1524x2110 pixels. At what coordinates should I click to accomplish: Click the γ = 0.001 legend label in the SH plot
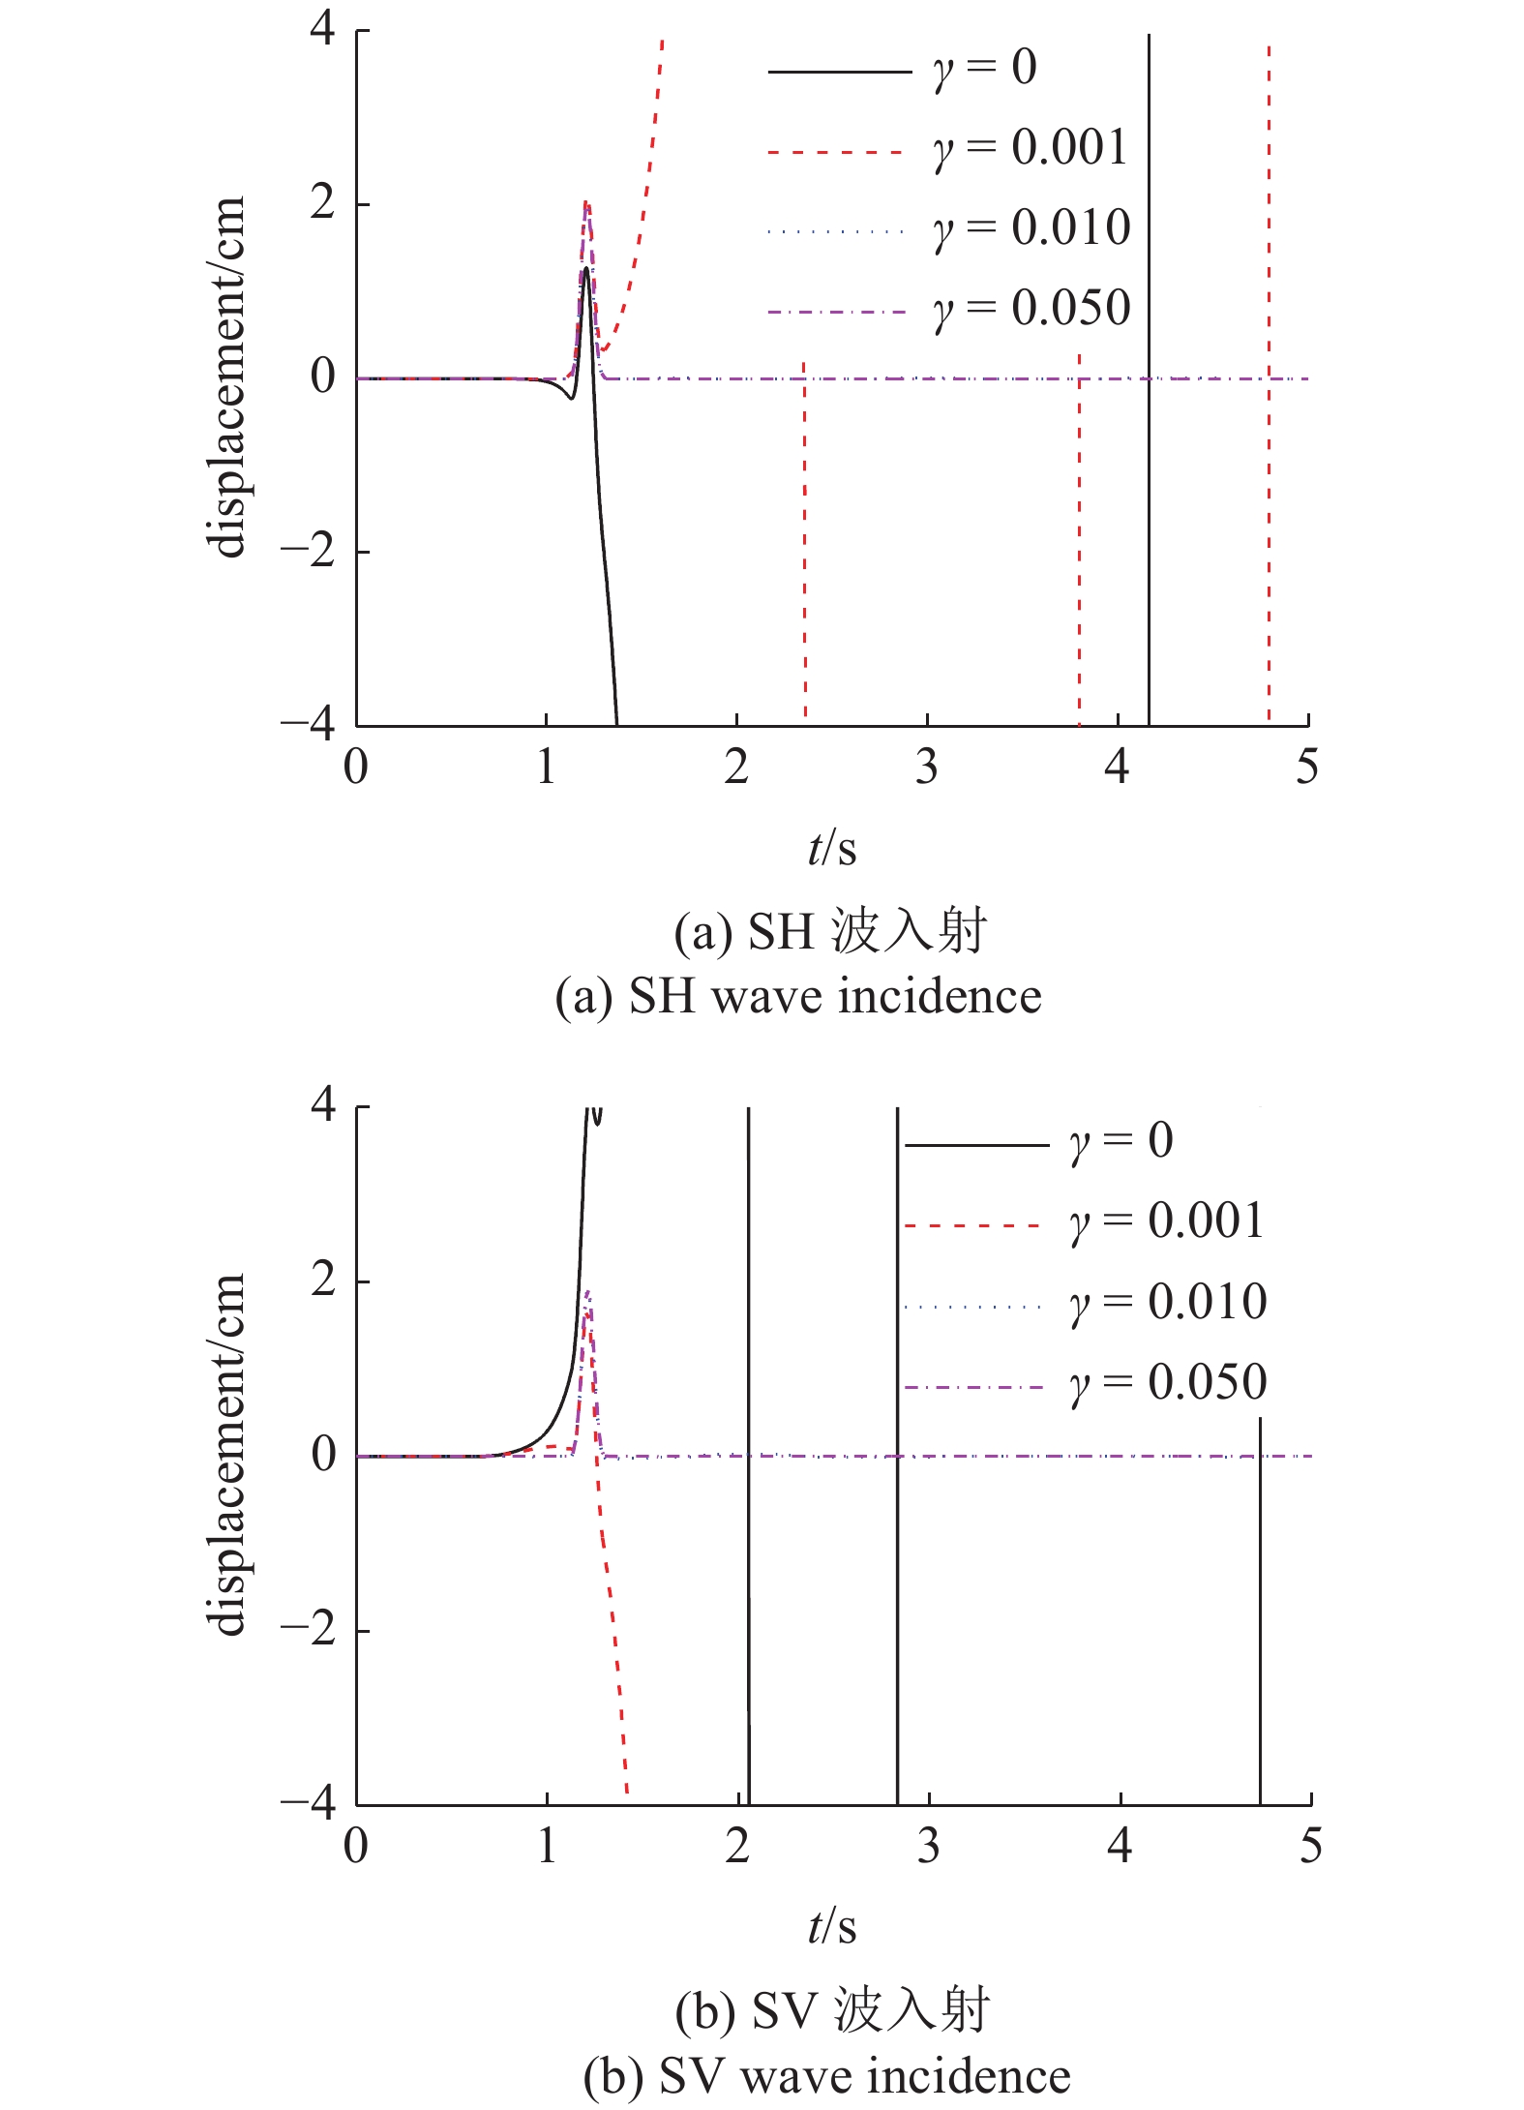click(1030, 149)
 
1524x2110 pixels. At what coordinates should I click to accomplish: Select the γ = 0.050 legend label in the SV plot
click(1168, 1382)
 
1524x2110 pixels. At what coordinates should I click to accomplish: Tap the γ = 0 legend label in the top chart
click(985, 69)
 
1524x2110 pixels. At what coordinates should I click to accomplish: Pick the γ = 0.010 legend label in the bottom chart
click(1168, 1302)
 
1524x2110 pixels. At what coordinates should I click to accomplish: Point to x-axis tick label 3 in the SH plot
click(927, 768)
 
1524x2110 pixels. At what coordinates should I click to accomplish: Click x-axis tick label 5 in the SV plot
click(1309, 1847)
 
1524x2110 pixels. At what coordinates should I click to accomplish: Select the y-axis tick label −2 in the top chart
click(308, 551)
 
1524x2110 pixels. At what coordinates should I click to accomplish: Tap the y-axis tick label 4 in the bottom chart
click(323, 1105)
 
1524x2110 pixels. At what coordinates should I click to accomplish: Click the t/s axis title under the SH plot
click(832, 849)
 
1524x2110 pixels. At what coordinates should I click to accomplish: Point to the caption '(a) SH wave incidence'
click(798, 997)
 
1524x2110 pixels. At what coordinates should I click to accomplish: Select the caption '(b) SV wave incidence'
click(826, 2077)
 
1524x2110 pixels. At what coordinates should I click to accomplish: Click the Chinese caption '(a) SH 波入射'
click(830, 932)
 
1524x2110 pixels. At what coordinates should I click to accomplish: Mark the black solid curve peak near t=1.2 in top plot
click(586, 270)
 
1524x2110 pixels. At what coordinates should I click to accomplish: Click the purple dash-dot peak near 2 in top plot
click(586, 205)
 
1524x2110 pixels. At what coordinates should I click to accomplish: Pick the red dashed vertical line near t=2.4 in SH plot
click(805, 542)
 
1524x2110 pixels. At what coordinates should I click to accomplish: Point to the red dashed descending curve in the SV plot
click(613, 1645)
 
